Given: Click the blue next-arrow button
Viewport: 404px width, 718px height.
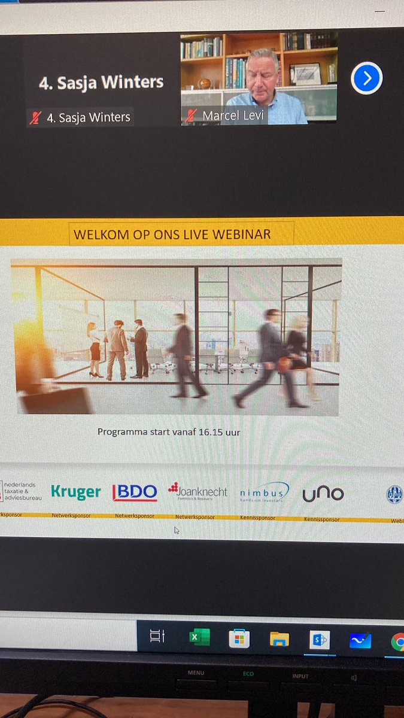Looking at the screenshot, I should [366, 78].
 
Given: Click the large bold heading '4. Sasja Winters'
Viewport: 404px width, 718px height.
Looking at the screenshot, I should [101, 83].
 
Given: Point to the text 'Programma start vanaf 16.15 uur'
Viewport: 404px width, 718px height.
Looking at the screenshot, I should [169, 431].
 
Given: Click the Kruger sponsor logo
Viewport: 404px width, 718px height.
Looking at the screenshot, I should [76, 492].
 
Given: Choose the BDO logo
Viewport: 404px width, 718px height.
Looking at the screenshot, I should [135, 492].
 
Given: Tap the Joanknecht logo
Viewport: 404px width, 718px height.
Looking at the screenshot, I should [198, 492].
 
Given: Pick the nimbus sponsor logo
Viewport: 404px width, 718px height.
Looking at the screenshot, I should [263, 492].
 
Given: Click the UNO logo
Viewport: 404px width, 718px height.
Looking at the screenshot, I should [323, 494].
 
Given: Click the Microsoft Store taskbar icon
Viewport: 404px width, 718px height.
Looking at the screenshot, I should [239, 638].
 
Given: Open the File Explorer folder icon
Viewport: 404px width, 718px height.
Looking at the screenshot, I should [279, 639].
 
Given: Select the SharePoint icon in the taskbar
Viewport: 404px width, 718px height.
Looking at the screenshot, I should [319, 640].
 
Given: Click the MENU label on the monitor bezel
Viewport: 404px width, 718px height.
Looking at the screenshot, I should [196, 673].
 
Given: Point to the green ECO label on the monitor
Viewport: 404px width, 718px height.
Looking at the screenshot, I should [248, 674].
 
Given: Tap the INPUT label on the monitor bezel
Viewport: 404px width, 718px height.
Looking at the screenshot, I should [300, 676].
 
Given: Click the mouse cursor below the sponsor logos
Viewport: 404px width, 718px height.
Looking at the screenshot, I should [177, 530].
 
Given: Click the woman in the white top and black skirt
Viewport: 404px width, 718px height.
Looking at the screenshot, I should [95, 349].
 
